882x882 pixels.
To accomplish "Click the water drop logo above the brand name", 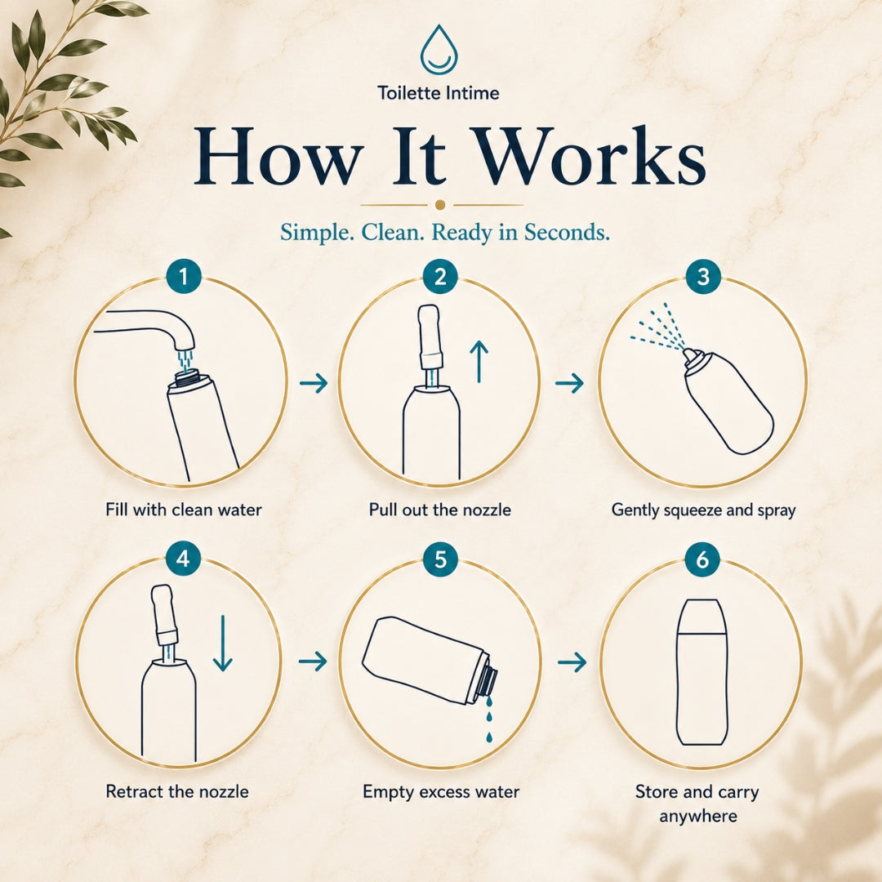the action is [439, 50].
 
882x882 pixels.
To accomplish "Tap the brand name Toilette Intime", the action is [439, 93].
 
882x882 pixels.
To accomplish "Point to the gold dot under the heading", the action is [440, 205].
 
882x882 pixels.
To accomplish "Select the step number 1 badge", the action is [184, 276].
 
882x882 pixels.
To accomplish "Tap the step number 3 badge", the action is [703, 276].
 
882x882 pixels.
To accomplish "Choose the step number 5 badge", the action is [440, 559].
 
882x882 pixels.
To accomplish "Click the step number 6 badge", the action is [702, 559].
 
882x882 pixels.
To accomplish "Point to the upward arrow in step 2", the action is [479, 362].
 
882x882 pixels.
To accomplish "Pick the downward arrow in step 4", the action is [223, 644].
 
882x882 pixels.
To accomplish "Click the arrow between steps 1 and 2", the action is [314, 383].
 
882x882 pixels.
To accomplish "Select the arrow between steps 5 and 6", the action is [572, 662].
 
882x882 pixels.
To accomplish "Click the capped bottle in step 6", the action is [702, 671].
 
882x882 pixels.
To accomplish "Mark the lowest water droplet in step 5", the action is [489, 737].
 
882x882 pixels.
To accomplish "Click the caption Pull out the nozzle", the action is [440, 510].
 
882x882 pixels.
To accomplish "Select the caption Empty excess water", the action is [441, 792].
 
